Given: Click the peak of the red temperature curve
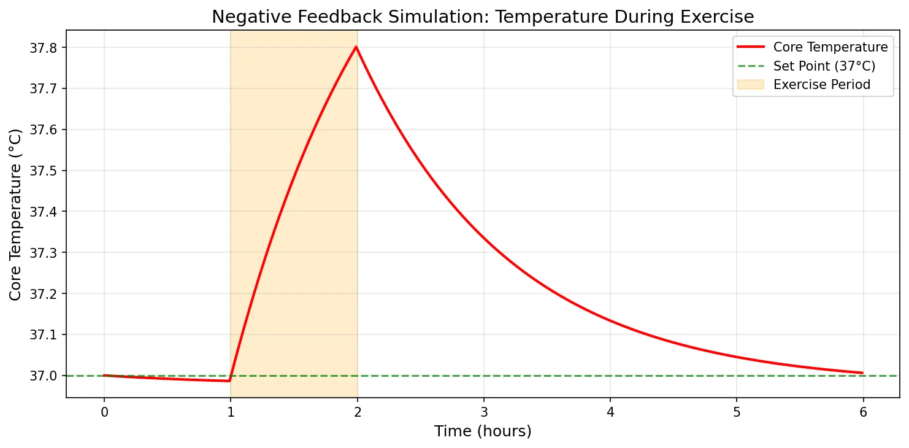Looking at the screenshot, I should pyautogui.click(x=356, y=47).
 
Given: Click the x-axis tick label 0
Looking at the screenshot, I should pyautogui.click(x=104, y=411).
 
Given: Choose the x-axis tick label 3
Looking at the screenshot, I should pyautogui.click(x=483, y=411).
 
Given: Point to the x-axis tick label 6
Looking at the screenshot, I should pyautogui.click(x=862, y=411).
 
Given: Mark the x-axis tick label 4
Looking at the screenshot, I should pyautogui.click(x=610, y=411).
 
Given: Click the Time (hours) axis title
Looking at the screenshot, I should pyautogui.click(x=483, y=431).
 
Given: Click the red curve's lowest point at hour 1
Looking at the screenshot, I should pyautogui.click(x=229, y=381).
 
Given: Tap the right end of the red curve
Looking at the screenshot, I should pyautogui.click(x=862, y=373).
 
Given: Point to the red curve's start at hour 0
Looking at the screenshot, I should pyautogui.click(x=104, y=375).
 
